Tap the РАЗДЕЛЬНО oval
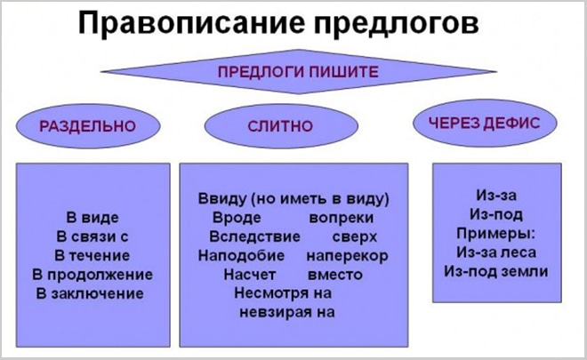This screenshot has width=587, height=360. pos(88,126)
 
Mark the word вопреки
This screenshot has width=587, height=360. pos(342,217)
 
